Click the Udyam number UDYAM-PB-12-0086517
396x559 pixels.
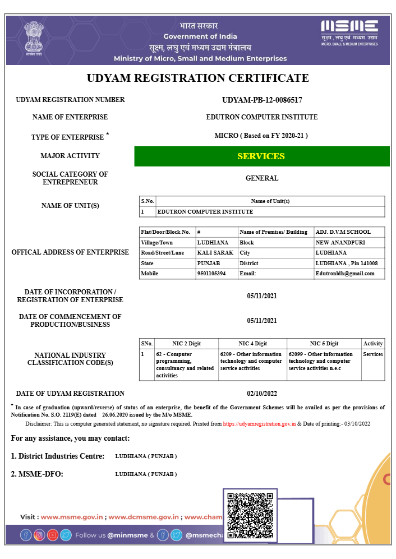coord(262,100)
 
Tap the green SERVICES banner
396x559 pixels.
coord(261,156)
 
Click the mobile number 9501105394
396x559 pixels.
coord(211,274)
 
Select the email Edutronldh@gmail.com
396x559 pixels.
coord(344,274)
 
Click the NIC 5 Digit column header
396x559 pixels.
coord(324,343)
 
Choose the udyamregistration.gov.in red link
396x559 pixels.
coord(259,424)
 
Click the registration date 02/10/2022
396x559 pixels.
coord(262,394)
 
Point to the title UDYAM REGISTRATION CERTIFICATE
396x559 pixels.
coord(197,78)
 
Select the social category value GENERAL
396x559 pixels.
coord(262,178)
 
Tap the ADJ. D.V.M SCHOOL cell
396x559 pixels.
coord(343,232)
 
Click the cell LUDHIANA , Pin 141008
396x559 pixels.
coord(346,263)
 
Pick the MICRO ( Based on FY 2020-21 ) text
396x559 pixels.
coord(262,136)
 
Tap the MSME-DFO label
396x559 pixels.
coord(37,474)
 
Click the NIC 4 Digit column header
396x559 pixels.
coord(252,343)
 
